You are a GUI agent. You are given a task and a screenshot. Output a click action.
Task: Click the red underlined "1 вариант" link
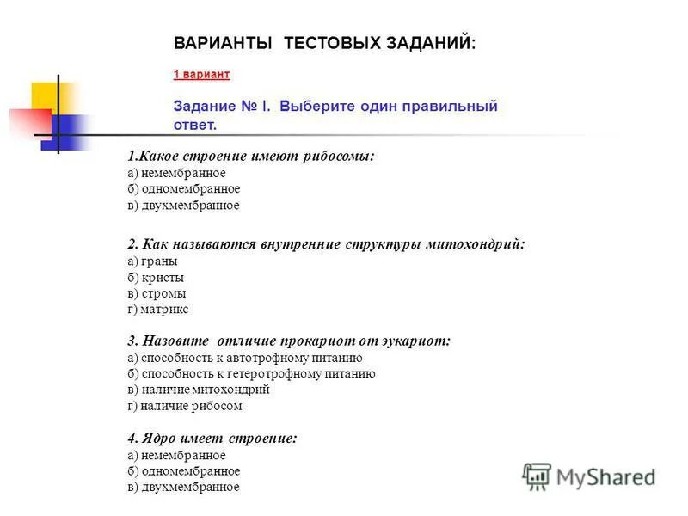click(201, 75)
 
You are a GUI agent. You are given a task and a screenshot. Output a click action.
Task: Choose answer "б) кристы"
click(156, 277)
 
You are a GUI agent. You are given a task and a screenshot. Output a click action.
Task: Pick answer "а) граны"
click(152, 261)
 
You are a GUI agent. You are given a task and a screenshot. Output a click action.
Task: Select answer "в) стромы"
click(157, 293)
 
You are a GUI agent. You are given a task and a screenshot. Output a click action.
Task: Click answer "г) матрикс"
click(157, 309)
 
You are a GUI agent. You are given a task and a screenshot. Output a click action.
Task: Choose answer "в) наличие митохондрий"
click(199, 390)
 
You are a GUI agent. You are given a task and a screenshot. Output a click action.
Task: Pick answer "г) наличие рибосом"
click(185, 406)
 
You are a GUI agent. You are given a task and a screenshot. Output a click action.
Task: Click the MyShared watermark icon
click(537, 476)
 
